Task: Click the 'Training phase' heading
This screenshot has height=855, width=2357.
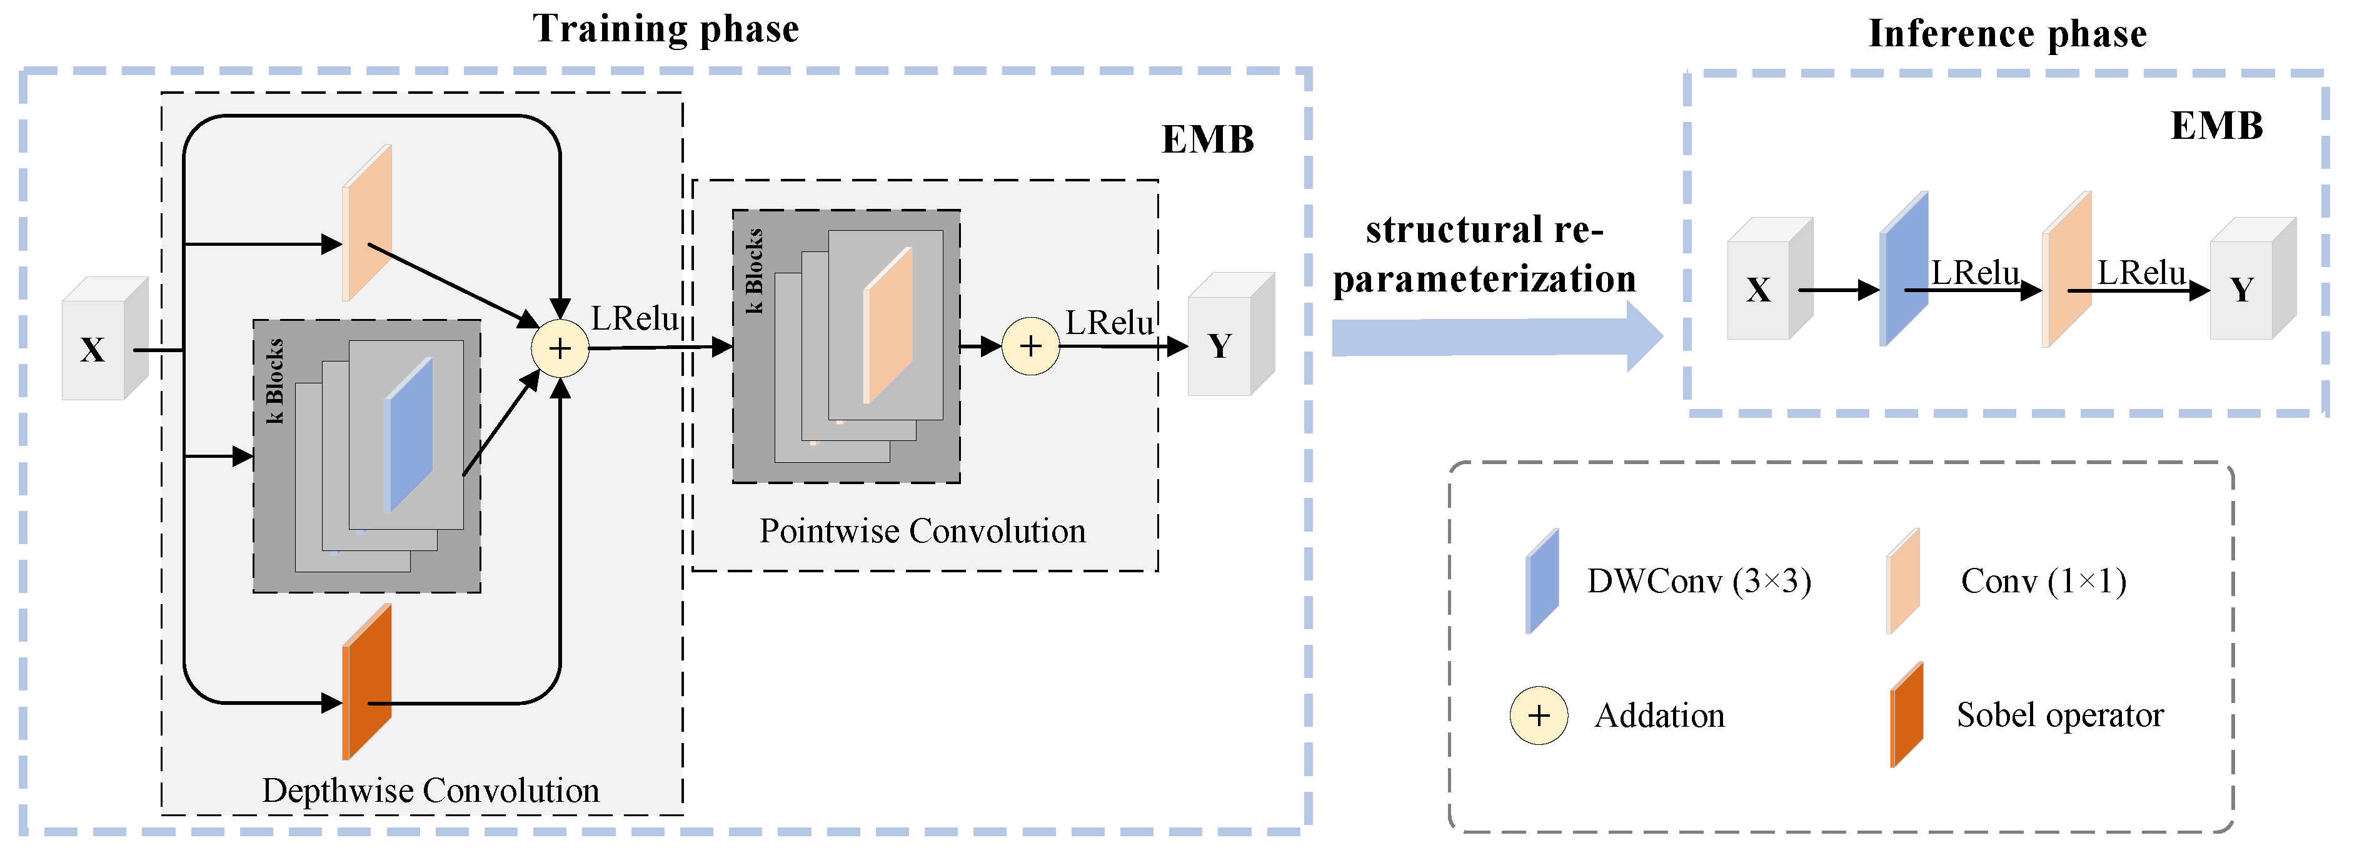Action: [x=665, y=29]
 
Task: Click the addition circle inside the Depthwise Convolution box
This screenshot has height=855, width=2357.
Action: [x=560, y=348]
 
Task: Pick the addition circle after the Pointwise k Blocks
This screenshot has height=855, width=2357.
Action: [x=1030, y=346]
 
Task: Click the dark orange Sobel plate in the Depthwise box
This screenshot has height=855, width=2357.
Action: [x=367, y=682]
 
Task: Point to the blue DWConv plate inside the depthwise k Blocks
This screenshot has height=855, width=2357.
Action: [x=409, y=435]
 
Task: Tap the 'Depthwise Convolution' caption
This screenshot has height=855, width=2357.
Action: [x=430, y=790]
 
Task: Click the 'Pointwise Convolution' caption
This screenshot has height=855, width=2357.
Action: [x=922, y=531]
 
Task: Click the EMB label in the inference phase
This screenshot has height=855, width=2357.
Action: [x=2216, y=126]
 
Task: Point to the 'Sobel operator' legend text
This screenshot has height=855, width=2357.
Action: [x=2059, y=715]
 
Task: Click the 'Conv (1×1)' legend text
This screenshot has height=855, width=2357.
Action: [x=2043, y=581]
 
